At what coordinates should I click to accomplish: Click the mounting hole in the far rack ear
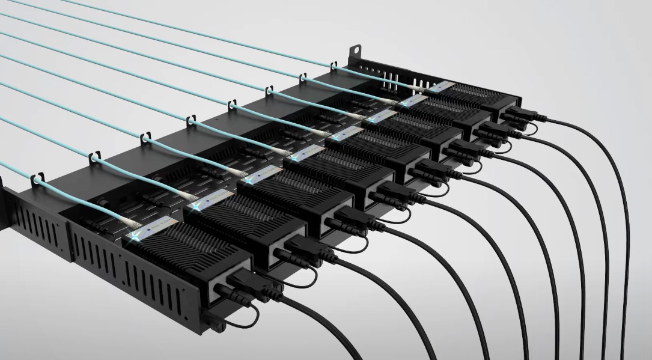point(356,47)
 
